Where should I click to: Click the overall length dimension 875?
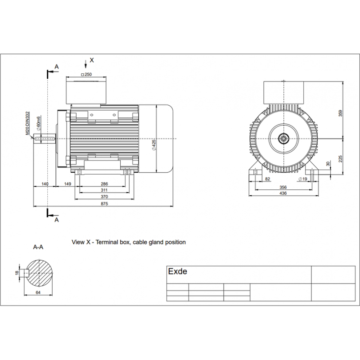(104, 204)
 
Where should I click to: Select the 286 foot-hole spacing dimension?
(104, 184)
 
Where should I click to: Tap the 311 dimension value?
(104, 190)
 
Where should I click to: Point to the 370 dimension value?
(104, 197)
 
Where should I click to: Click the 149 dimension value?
(67, 184)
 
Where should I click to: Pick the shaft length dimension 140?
(45, 184)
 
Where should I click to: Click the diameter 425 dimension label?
(154, 145)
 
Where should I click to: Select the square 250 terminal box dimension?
(86, 74)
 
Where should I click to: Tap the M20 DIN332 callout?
(27, 123)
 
